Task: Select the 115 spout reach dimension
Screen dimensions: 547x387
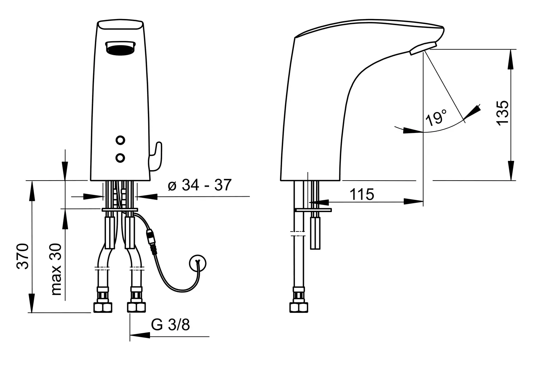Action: [x=362, y=194]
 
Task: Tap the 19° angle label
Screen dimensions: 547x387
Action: [x=436, y=117]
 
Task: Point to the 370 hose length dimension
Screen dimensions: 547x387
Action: [x=23, y=256]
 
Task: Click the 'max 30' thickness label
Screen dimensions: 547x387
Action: [x=56, y=269]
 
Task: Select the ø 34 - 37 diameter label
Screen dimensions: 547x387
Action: [x=199, y=185]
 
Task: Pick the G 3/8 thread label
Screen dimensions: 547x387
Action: [x=170, y=325]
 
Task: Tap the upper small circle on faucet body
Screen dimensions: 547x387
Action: [x=120, y=140]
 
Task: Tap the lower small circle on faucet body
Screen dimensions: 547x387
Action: [x=120, y=158]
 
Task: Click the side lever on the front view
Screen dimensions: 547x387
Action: [x=156, y=157]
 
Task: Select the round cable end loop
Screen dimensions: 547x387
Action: [x=198, y=263]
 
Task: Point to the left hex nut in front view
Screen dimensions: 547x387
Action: [x=103, y=307]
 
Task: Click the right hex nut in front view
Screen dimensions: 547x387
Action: [x=136, y=307]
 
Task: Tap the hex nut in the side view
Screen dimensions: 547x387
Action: [x=299, y=307]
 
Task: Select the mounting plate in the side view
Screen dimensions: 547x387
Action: [x=313, y=210]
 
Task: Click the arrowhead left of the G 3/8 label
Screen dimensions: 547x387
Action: [x=140, y=335]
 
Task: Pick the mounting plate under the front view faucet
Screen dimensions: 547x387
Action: [x=120, y=210]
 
